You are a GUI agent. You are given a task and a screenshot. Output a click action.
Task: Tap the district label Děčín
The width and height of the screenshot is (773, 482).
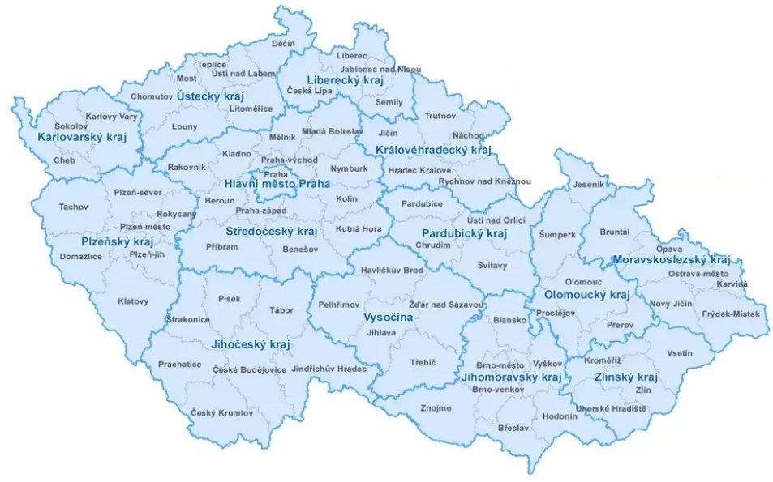284,43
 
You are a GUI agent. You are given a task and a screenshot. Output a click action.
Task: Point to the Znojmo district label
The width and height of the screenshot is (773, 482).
436,407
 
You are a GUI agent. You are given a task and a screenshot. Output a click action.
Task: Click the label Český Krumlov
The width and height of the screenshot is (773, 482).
222,412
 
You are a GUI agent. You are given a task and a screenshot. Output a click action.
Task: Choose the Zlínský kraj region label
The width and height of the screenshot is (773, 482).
625,377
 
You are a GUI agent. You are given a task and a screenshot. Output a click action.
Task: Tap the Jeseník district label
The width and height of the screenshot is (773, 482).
589,185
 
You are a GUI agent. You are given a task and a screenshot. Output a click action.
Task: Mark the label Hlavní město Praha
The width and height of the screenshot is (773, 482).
277,185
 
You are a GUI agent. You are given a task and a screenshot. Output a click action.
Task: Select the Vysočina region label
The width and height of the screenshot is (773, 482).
388,318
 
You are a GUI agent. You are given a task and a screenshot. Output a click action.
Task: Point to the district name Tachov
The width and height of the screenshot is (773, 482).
74,207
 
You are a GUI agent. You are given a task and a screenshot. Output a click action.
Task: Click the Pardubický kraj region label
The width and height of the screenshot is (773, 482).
464,233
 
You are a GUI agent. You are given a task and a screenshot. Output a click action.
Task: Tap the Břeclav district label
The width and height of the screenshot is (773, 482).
513,426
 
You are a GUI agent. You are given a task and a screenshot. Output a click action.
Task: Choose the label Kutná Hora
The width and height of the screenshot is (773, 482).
358,229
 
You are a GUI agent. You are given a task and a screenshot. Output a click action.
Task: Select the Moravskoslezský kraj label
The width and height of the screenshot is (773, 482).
671,260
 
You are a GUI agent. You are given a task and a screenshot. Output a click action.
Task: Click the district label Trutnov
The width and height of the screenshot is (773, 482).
440,116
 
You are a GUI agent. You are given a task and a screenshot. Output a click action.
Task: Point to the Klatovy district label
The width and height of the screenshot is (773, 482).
133,301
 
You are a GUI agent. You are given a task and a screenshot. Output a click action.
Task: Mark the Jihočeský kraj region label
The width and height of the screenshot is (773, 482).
250,345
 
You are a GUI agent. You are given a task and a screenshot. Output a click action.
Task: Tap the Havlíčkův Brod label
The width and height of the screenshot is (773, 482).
392,270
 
